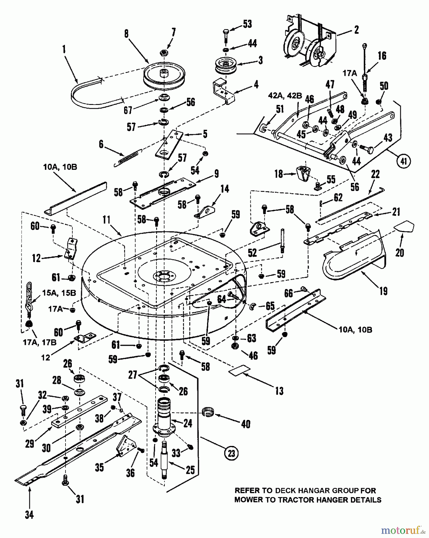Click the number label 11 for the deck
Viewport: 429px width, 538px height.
(x=106, y=221)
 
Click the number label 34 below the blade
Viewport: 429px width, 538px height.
(x=29, y=515)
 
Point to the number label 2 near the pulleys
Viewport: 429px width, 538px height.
(x=356, y=30)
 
